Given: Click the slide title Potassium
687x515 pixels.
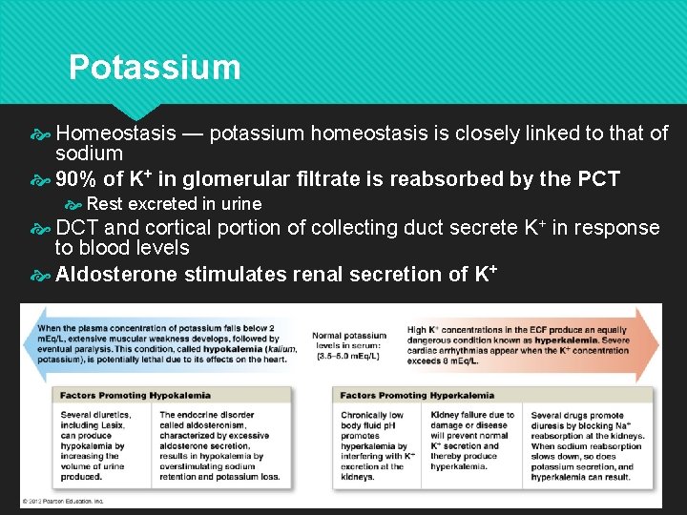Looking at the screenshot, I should coord(155,68).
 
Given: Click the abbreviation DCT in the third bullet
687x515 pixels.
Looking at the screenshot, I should coord(77,228).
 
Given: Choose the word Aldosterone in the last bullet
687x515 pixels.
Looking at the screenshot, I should coord(117,276).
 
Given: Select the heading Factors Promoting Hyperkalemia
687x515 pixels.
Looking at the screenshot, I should coord(417,395).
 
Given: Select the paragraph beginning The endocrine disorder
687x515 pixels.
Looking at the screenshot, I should coord(218,445).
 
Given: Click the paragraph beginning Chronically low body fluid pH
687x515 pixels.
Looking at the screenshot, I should coord(378,441).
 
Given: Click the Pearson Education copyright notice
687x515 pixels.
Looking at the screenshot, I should coord(66,501).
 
